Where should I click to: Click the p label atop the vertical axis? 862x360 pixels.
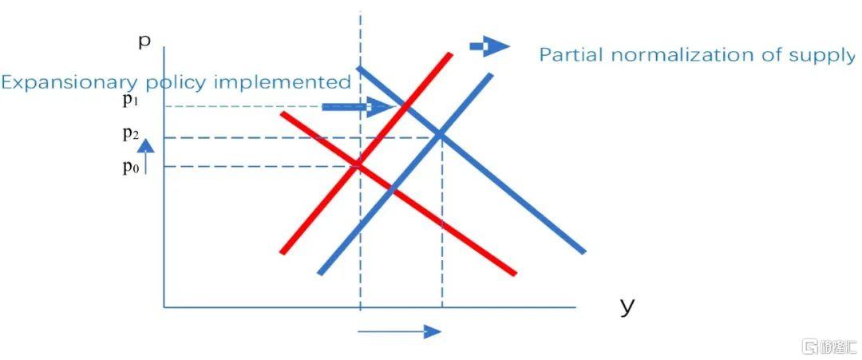tap(144, 42)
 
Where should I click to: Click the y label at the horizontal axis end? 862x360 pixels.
tap(627, 307)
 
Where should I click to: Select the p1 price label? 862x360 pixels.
tap(130, 103)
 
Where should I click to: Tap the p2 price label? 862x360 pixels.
tap(130, 134)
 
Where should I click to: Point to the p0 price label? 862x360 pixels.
tap(130, 167)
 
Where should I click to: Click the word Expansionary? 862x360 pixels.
tap(69, 83)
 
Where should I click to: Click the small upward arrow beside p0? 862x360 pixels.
tap(145, 156)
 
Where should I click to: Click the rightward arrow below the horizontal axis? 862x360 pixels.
tap(400, 331)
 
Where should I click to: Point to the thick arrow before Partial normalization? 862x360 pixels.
tap(489, 47)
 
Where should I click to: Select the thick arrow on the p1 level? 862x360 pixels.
tap(358, 107)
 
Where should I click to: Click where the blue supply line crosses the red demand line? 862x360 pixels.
tap(391, 188)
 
